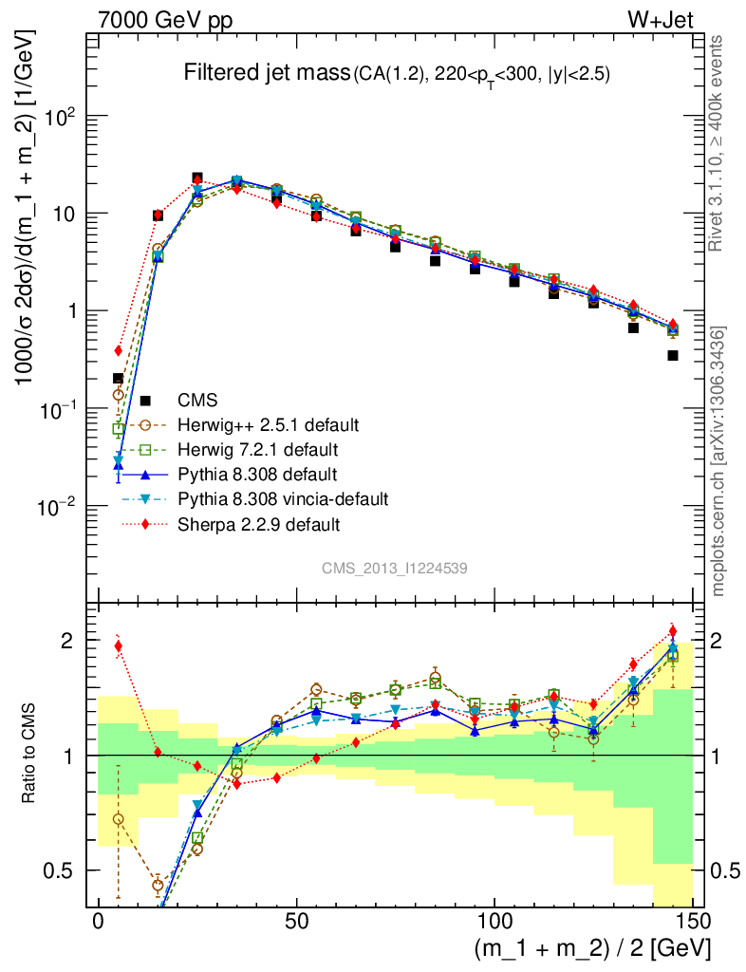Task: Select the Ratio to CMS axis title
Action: (x=32, y=755)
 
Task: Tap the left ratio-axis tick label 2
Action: (x=70, y=641)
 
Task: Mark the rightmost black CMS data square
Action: (x=673, y=356)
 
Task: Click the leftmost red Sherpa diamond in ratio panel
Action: (x=119, y=646)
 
